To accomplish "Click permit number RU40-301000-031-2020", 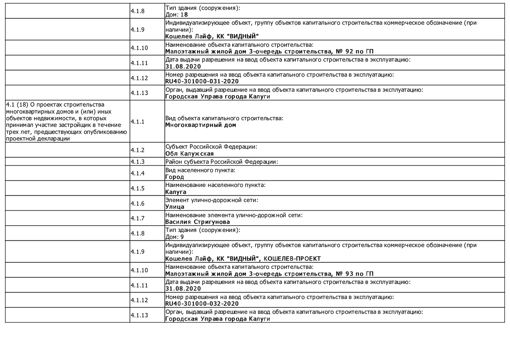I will [202, 81].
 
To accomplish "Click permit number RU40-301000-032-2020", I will [202, 304].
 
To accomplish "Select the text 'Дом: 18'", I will [176, 15].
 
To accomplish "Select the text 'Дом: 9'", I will [174, 237].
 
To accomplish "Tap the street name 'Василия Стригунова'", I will [197, 222].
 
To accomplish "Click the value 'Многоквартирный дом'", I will [200, 125].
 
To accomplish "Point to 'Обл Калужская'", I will [189, 154].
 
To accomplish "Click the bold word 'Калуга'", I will [176, 192].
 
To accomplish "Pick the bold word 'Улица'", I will [175, 207].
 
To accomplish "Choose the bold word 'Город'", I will [174, 177].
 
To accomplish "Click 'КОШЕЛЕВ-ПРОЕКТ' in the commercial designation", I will [292, 259].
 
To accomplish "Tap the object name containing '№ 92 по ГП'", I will [269, 51].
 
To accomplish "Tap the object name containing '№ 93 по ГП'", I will [269, 274].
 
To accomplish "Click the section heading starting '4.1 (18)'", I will [66, 122].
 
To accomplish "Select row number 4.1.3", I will [137, 162].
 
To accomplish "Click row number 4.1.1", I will [137, 122].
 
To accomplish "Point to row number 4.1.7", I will [137, 218].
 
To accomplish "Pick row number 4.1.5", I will [137, 188].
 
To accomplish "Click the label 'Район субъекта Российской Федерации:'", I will [221, 162].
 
